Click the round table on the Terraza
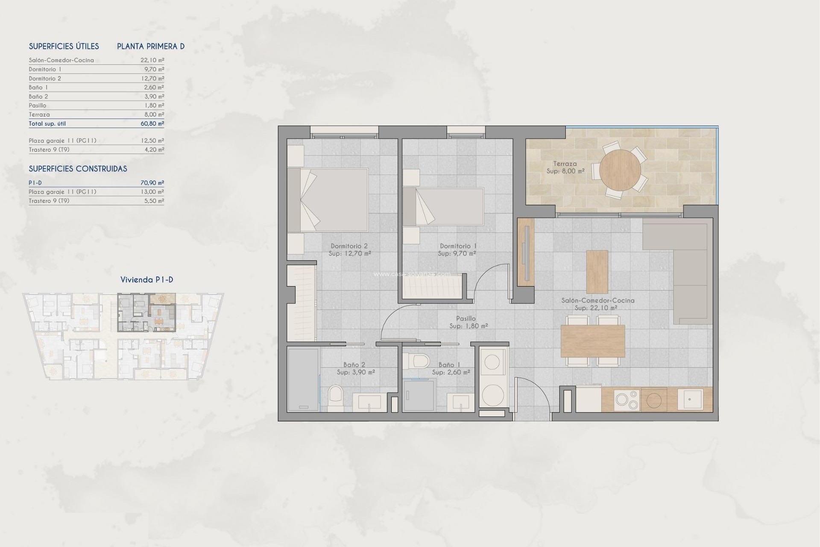coord(620,170)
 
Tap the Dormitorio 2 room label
coord(349,246)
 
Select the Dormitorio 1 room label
coord(458,246)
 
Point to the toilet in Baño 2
coord(336,398)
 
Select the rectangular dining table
coord(592,341)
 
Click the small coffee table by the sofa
coord(597,271)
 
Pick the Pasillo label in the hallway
coord(466,318)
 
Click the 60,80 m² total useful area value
coord(152,124)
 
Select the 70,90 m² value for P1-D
coord(152,183)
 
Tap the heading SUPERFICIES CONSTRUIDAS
coord(78,169)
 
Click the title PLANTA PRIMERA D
coord(151,47)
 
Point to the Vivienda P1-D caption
coord(146,280)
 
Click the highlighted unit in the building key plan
coord(146,312)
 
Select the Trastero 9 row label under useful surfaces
coord(49,150)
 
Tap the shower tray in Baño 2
coord(303,379)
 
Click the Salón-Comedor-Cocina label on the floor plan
coord(597,300)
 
